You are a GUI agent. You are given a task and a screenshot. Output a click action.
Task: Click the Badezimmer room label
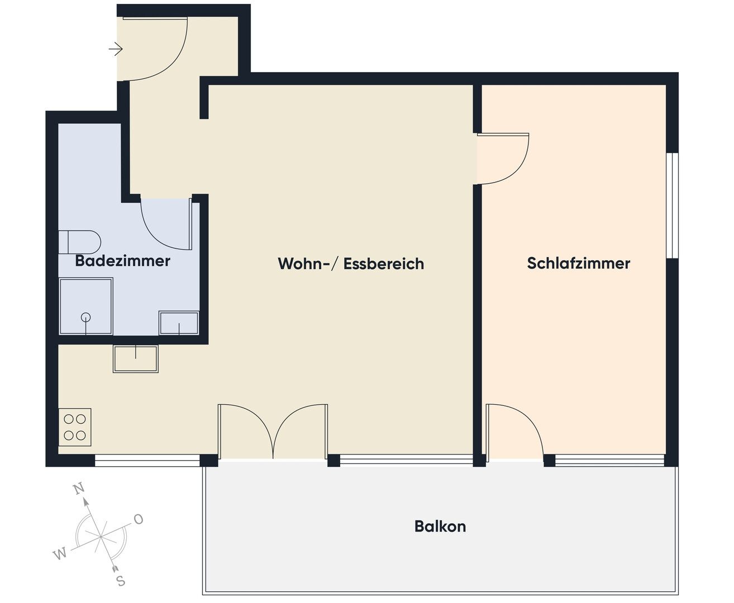pyautogui.click(x=122, y=261)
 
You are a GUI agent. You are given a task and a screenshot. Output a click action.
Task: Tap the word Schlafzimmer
pyautogui.click(x=578, y=264)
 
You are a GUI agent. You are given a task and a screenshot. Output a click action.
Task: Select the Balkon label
pyautogui.click(x=440, y=527)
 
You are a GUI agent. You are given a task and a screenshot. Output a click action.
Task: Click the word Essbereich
pyautogui.click(x=384, y=264)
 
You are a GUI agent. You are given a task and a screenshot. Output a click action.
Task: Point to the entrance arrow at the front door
pyautogui.click(x=116, y=49)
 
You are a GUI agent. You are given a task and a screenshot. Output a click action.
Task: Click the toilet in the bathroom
pyautogui.click(x=79, y=242)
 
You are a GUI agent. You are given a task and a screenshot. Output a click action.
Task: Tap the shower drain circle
pyautogui.click(x=85, y=317)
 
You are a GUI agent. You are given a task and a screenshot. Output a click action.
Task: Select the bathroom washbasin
pyautogui.click(x=179, y=323)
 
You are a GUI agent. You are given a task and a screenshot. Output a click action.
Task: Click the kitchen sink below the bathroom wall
pyautogui.click(x=136, y=359)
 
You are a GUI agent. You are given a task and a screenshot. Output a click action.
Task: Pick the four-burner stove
pyautogui.click(x=75, y=427)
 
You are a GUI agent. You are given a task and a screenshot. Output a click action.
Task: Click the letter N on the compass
pyautogui.click(x=79, y=488)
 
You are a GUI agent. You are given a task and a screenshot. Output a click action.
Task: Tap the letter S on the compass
pyautogui.click(x=121, y=581)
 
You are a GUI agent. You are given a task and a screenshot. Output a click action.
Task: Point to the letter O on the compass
pyautogui.click(x=138, y=519)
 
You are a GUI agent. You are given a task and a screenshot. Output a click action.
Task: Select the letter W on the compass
pyautogui.click(x=60, y=554)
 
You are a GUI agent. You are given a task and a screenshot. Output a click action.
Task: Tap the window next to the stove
pyautogui.click(x=147, y=460)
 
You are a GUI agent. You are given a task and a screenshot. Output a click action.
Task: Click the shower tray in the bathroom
pyautogui.click(x=85, y=306)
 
